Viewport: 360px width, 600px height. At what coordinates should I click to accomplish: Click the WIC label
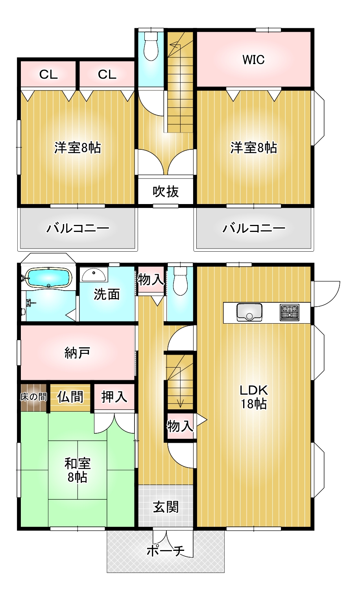tap(253, 60)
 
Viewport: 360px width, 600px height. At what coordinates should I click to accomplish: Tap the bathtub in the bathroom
tap(48, 278)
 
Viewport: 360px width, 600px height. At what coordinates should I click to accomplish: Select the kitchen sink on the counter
tap(249, 312)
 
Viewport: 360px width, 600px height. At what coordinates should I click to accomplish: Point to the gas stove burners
tap(290, 312)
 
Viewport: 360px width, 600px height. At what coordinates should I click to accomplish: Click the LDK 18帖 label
tap(254, 397)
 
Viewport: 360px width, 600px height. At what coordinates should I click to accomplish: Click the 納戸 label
tap(77, 353)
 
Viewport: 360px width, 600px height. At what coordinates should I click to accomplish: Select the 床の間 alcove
tap(34, 397)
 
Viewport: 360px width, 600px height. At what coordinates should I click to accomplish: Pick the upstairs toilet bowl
tap(151, 46)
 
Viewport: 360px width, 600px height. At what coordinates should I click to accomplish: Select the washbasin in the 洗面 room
tap(94, 274)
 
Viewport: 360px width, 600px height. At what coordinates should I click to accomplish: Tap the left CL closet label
tap(48, 74)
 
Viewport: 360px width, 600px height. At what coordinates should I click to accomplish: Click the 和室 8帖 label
tap(77, 470)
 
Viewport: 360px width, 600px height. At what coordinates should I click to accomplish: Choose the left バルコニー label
tap(78, 228)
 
